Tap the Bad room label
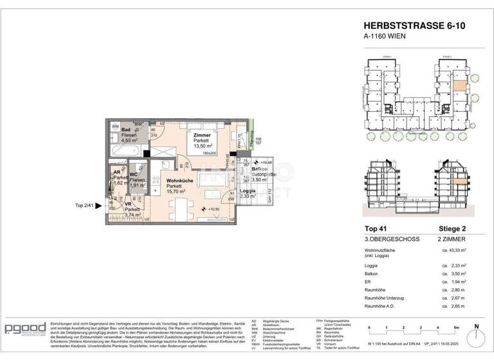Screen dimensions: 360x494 tap(127, 129)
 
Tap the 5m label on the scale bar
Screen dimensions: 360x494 tap(457, 327)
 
